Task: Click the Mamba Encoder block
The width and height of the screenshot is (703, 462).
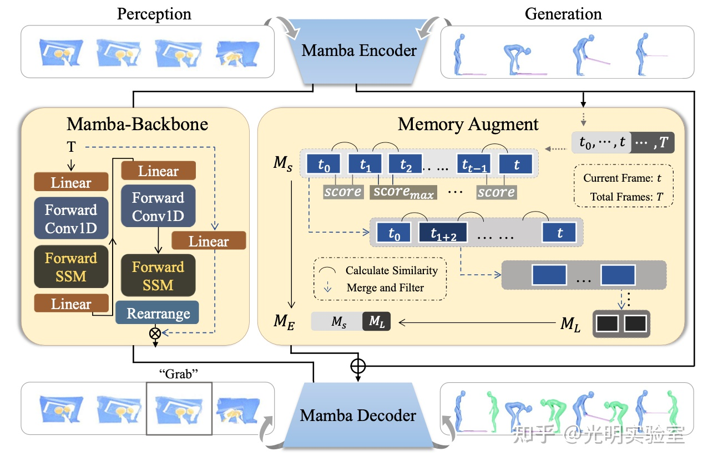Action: (359, 51)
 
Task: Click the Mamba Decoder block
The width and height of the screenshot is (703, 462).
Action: (358, 415)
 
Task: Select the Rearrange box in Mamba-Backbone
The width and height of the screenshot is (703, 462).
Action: (158, 314)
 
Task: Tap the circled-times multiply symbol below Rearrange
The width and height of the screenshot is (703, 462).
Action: (155, 333)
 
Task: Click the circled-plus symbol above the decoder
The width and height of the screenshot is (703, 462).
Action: (358, 366)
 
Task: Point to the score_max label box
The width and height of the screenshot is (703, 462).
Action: (403, 192)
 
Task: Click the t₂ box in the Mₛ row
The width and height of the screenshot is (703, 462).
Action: (406, 164)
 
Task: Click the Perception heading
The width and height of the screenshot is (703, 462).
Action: (154, 14)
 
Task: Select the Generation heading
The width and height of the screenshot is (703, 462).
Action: (563, 14)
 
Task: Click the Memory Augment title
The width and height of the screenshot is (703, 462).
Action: (468, 124)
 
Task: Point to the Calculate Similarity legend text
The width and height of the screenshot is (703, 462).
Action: (391, 271)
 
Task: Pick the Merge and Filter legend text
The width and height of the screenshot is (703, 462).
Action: (385, 288)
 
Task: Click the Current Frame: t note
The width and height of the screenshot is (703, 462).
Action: (621, 178)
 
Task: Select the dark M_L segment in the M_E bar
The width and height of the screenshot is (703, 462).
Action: (376, 321)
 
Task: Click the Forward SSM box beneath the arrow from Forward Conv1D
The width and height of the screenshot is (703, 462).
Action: (158, 276)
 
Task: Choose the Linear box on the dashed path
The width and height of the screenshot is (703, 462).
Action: (209, 242)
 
